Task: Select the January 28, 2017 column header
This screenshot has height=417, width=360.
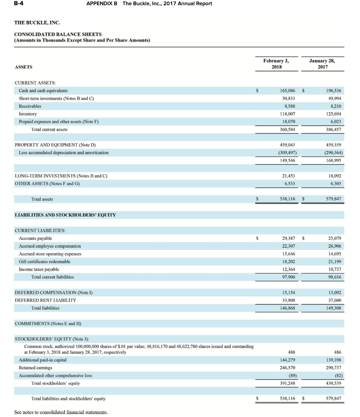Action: pos(322,64)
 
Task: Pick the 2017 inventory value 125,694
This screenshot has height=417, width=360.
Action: pos(334,114)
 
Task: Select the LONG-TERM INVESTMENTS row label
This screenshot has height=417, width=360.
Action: pos(61,176)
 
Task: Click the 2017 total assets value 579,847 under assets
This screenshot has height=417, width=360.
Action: pos(334,199)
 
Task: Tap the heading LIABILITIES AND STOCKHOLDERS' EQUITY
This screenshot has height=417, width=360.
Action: pos(65,215)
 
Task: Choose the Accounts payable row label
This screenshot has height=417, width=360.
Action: pos(35,238)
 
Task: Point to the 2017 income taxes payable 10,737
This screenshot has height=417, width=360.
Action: pos(334,269)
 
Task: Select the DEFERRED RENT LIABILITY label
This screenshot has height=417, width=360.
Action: pos(46,300)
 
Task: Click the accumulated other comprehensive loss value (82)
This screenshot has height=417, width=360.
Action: pos(337,375)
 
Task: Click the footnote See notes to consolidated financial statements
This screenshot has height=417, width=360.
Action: pos(61,412)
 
